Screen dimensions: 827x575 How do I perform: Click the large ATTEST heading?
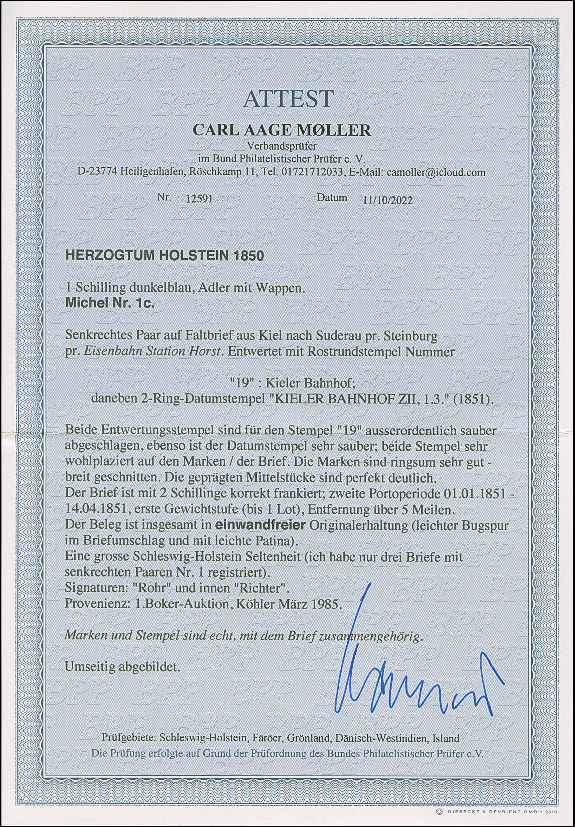pos(288,98)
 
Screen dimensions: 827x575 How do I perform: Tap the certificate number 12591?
pos(198,199)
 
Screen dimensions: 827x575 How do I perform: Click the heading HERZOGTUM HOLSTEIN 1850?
pos(164,255)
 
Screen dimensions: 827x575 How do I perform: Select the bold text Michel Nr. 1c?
pos(109,303)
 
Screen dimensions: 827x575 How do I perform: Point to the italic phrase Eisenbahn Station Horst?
pos(152,351)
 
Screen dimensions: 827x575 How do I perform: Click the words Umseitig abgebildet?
pos(122,667)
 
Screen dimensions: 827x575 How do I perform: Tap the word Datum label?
pos(332,197)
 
